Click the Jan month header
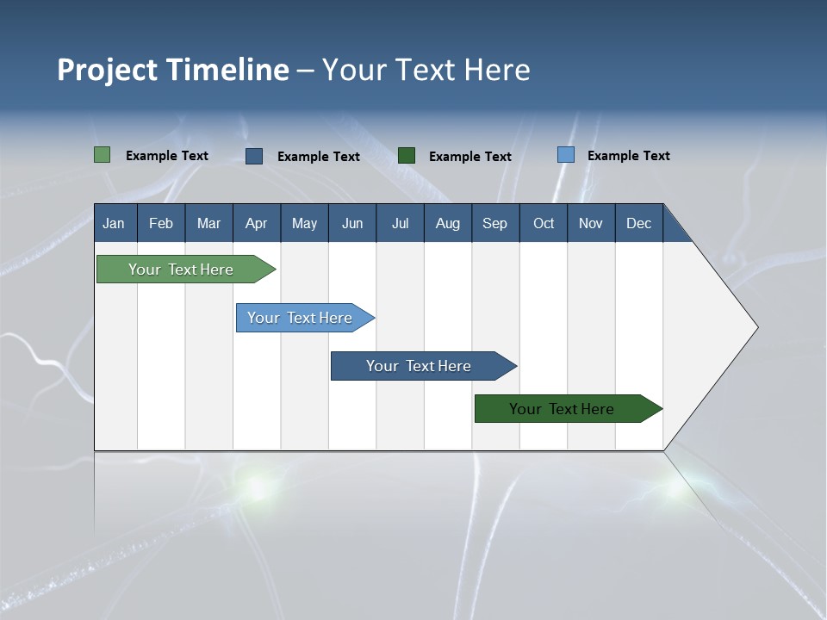pyautogui.click(x=115, y=223)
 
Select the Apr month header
pyautogui.click(x=257, y=223)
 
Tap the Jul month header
pyautogui.click(x=400, y=223)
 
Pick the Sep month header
pyautogui.click(x=495, y=223)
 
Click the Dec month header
pyautogui.click(x=638, y=223)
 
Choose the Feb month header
pyautogui.click(x=161, y=223)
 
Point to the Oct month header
pyautogui.click(x=544, y=223)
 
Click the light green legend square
pyautogui.click(x=103, y=155)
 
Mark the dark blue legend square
pyautogui.click(x=254, y=156)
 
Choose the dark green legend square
pyautogui.click(x=407, y=156)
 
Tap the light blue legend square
pyautogui.click(x=566, y=155)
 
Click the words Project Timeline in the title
pyautogui.click(x=173, y=70)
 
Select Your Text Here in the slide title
pyautogui.click(x=426, y=70)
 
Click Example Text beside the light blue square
pyautogui.click(x=628, y=156)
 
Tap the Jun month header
pyautogui.click(x=352, y=223)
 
